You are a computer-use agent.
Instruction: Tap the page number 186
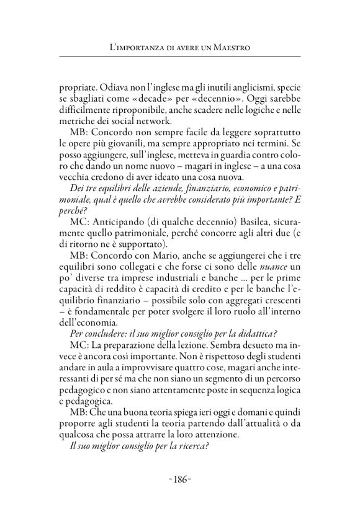180,479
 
